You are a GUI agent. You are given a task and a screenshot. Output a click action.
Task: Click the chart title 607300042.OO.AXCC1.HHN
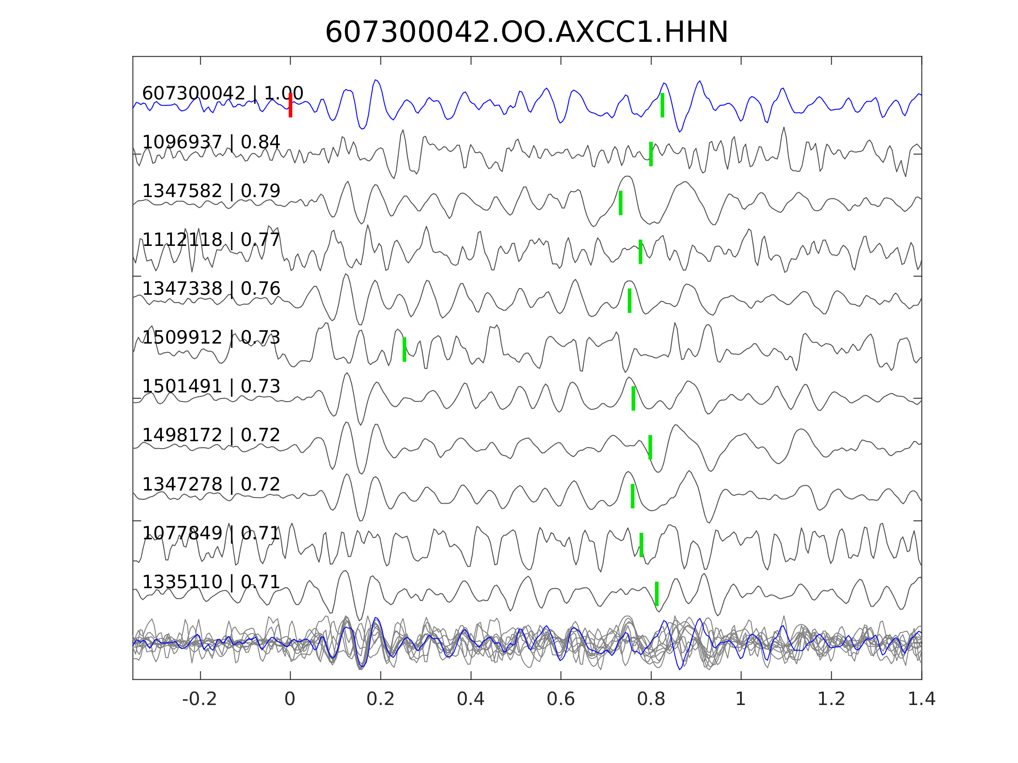[526, 33]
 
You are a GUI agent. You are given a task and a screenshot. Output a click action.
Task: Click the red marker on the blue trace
[291, 105]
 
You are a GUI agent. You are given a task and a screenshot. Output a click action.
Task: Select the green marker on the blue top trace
[662, 105]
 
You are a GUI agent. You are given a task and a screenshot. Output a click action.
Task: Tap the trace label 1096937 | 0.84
[211, 142]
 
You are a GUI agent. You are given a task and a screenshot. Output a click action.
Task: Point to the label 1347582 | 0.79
[211, 191]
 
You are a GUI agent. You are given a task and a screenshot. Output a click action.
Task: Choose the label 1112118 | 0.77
[211, 240]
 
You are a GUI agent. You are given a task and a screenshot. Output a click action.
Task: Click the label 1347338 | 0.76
[211, 289]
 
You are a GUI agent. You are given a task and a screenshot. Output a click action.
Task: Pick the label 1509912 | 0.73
[211, 337]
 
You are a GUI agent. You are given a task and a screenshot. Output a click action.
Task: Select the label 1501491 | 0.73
[211, 386]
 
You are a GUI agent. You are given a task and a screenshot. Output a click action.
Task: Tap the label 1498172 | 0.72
[211, 435]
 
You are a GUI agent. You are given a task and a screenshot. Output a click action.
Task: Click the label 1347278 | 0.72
[211, 484]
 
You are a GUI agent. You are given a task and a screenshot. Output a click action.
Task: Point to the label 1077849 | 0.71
[211, 533]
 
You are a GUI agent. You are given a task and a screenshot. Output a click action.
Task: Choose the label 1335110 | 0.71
[211, 582]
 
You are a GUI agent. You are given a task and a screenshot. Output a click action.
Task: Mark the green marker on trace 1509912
[404, 350]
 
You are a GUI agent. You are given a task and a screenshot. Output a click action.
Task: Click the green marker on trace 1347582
[621, 203]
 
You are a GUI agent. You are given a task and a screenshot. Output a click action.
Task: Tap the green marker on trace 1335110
[657, 594]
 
